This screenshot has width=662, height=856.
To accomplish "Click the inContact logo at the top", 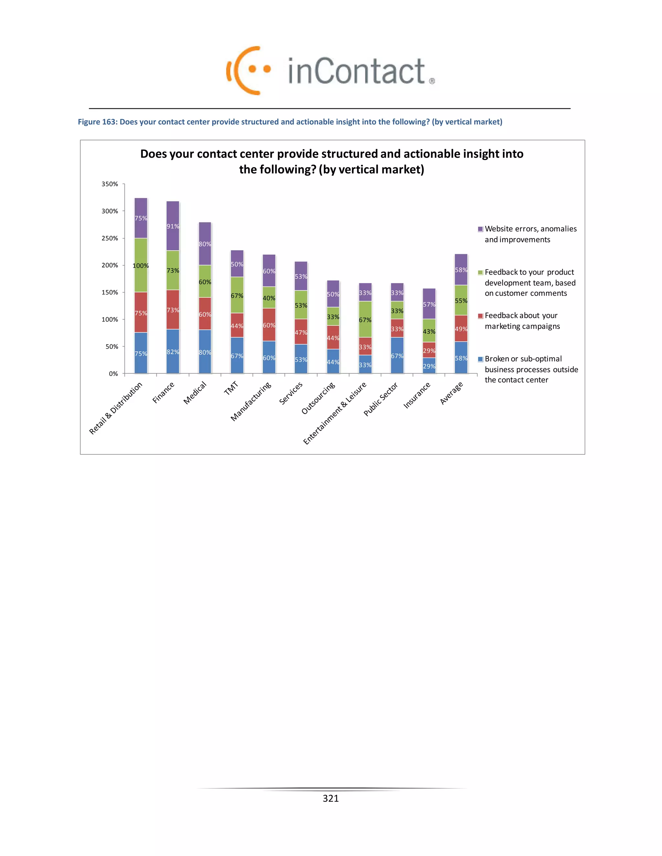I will click(331, 70).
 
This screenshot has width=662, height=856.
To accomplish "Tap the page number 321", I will click(331, 798).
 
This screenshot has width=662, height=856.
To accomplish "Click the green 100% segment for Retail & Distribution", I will click(141, 265).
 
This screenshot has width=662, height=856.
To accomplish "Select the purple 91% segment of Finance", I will click(173, 226).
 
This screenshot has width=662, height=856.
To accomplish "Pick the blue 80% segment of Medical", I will click(205, 352).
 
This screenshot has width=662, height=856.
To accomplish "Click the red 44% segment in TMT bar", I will click(237, 325).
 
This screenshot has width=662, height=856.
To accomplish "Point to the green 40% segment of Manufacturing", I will click(269, 298).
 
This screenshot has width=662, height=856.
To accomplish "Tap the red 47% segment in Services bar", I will click(301, 332).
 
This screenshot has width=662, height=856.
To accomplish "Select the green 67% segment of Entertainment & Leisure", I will click(365, 319).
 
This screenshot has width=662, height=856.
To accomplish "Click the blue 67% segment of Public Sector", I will click(397, 356).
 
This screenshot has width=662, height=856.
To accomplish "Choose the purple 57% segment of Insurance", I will click(429, 304).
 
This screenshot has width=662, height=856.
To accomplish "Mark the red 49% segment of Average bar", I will click(461, 329).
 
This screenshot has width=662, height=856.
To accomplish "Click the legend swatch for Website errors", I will click(480, 229).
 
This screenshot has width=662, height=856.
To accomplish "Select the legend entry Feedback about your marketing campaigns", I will click(522, 321).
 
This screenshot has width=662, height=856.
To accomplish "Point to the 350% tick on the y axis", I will click(110, 184).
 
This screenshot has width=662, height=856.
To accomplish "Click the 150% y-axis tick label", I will click(110, 292).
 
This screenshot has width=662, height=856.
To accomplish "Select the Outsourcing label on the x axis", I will click(318, 398).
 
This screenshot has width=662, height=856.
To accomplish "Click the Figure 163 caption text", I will click(290, 122).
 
